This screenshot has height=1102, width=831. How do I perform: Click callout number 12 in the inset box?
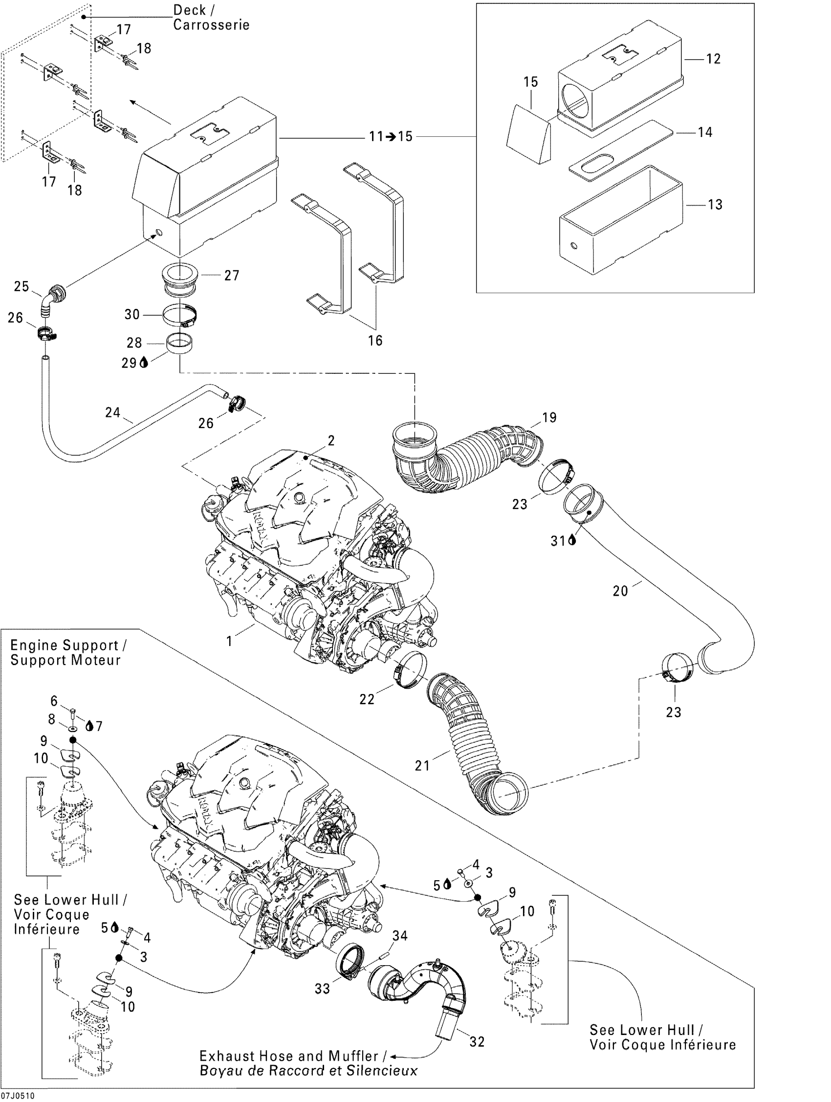pyautogui.click(x=713, y=59)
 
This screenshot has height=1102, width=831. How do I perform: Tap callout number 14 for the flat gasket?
pyautogui.click(x=704, y=132)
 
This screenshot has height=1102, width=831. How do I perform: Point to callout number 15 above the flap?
pyautogui.click(x=530, y=82)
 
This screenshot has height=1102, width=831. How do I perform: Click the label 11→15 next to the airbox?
pyautogui.click(x=391, y=136)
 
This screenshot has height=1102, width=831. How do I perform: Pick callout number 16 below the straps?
pyautogui.click(x=374, y=340)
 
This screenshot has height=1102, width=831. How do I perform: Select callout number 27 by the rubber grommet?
pyautogui.click(x=232, y=275)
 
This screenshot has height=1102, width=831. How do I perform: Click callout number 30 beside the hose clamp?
pyautogui.click(x=132, y=314)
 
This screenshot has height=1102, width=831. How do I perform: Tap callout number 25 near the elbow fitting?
pyautogui.click(x=22, y=286)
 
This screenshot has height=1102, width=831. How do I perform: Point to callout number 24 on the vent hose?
pyautogui.click(x=112, y=412)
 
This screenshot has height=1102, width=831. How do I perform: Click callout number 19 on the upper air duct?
pyautogui.click(x=549, y=417)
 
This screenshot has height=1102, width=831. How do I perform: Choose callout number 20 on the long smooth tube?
pyautogui.click(x=620, y=591)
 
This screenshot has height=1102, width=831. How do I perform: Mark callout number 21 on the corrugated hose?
pyautogui.click(x=422, y=765)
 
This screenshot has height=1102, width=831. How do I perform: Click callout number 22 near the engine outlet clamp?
pyautogui.click(x=367, y=699)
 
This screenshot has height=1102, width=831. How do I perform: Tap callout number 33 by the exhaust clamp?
pyautogui.click(x=322, y=989)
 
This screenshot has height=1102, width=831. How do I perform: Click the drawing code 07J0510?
pyautogui.click(x=18, y=1096)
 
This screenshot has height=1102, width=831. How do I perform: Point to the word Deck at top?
pyautogui.click(x=189, y=10)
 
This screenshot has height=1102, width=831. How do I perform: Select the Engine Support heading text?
pyautogui.click(x=65, y=645)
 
